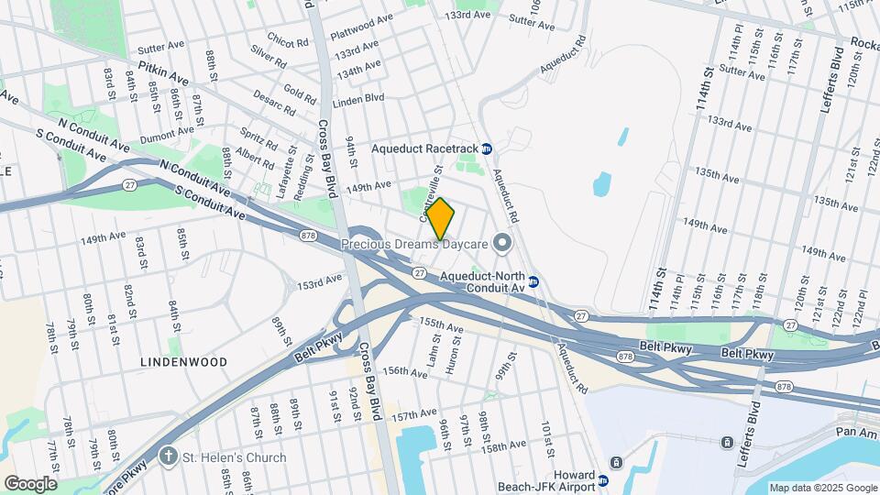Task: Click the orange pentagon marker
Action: [x=440, y=219]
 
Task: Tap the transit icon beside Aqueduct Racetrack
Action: [x=487, y=148]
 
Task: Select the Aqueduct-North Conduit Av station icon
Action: [x=533, y=281]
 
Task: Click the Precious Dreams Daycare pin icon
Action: [x=500, y=243]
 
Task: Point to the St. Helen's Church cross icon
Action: [x=168, y=456]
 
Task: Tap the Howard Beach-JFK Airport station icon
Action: [x=602, y=479]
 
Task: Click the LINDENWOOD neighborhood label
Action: [x=183, y=362]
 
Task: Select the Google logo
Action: [x=29, y=483]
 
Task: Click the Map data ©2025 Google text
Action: [x=822, y=488]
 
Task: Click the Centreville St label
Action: [x=431, y=184]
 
